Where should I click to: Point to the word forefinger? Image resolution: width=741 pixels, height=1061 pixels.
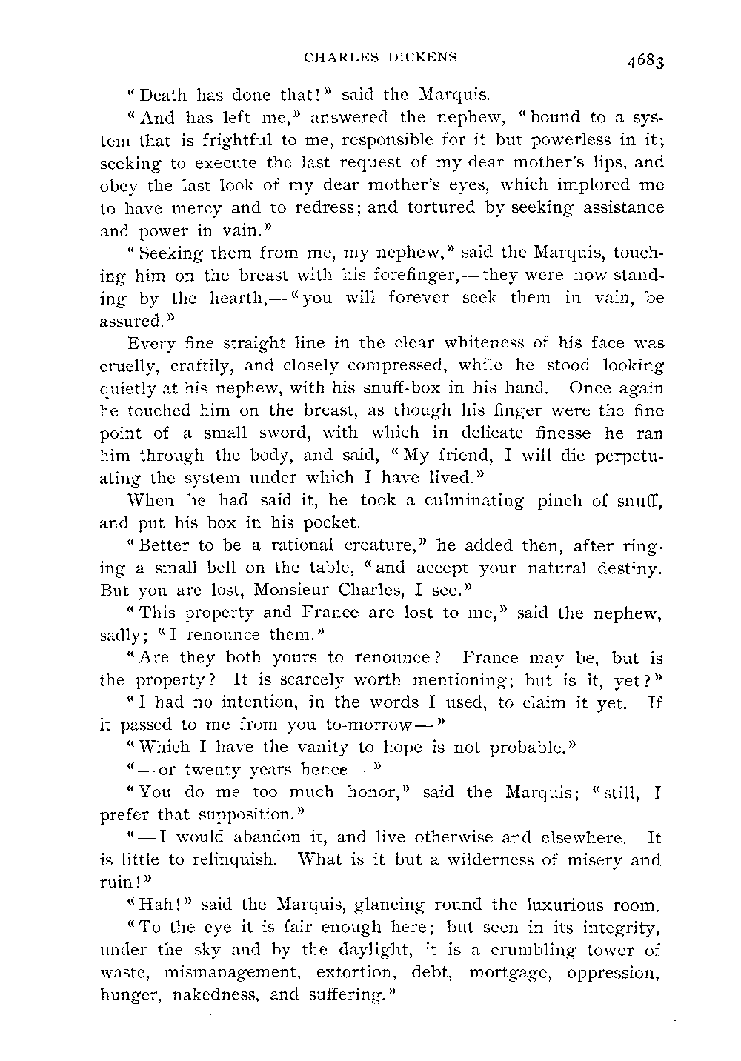point(403,276)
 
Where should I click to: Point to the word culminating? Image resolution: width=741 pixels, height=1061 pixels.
point(462,500)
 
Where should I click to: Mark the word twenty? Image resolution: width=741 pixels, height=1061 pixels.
point(216,770)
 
